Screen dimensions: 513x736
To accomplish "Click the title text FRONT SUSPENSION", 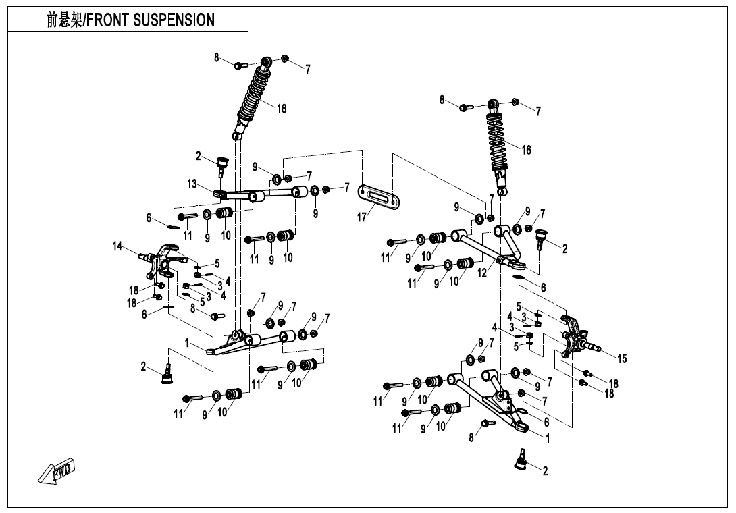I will (x=151, y=20).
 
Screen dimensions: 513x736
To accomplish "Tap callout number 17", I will (x=363, y=217).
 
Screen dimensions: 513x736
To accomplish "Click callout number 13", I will (x=192, y=184).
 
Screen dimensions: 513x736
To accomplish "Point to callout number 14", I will (x=117, y=246).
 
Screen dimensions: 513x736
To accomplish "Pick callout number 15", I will (x=622, y=359).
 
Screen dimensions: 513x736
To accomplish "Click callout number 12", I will (x=482, y=273).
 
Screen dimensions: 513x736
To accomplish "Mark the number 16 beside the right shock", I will (x=526, y=150).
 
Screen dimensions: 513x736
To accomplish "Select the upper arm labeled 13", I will (x=260, y=196).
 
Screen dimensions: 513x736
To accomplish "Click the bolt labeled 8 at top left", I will (x=239, y=65).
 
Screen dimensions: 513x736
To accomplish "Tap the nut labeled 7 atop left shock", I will (x=284, y=59).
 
